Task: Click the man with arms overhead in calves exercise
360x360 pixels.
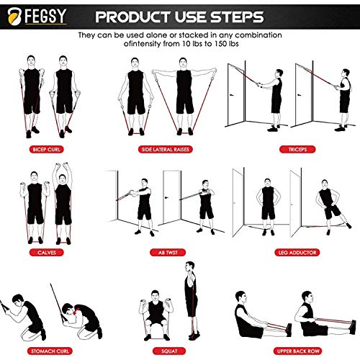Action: pos(63,202)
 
